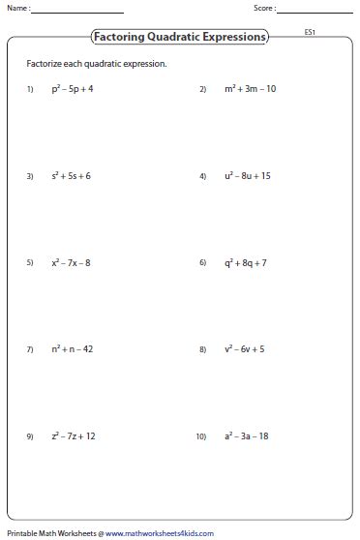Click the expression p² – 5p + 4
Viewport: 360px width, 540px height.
pyautogui.click(x=72, y=89)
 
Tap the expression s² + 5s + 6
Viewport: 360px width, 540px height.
pyautogui.click(x=72, y=176)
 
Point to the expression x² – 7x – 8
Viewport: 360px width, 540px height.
pyautogui.click(x=72, y=262)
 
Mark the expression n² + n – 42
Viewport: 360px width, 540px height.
pyautogui.click(x=72, y=349)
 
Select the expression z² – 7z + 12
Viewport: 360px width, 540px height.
pyautogui.click(x=74, y=435)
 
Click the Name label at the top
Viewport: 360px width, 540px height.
pyautogui.click(x=16, y=9)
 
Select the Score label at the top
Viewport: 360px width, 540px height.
pyautogui.click(x=264, y=9)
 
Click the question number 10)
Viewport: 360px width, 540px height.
pyautogui.click(x=201, y=436)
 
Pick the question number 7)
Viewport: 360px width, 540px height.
pyautogui.click(x=30, y=349)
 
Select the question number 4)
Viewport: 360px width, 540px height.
pyautogui.click(x=203, y=176)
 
